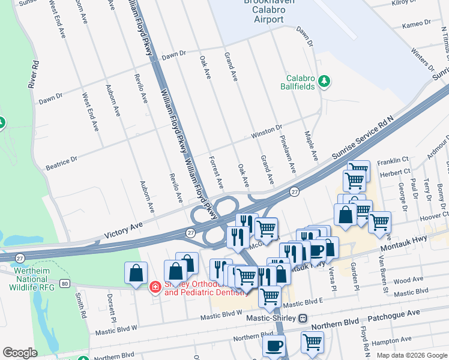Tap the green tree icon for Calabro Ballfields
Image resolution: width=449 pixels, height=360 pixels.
pos(325,82)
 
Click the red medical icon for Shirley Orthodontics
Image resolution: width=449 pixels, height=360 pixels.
pos(155,287)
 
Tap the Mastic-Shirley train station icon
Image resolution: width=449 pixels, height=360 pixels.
pos(303,318)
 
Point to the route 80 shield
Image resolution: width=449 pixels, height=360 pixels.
pos(64,282)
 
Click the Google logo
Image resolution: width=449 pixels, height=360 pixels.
pos(20,353)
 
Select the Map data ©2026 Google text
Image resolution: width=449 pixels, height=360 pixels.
pos(411,355)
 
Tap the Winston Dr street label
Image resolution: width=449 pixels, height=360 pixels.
pos(271,128)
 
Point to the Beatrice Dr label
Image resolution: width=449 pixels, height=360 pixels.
pos(62,161)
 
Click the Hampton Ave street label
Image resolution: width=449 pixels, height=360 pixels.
pos(409,341)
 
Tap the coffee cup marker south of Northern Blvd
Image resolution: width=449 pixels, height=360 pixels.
pos(274,347)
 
